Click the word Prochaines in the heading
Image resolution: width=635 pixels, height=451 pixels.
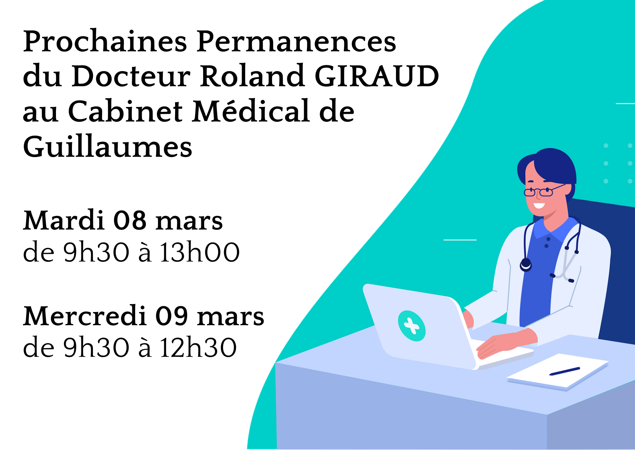[x=105, y=41]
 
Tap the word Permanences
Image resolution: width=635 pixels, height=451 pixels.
[x=296, y=41]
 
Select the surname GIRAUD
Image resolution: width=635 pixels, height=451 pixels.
[x=377, y=76]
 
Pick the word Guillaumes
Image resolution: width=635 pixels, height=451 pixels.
[x=108, y=146]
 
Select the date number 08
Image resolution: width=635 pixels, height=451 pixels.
[x=130, y=220]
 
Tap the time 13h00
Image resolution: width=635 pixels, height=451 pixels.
[x=200, y=252]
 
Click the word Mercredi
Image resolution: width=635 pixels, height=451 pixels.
[x=85, y=316]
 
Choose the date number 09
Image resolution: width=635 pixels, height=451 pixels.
[x=171, y=316]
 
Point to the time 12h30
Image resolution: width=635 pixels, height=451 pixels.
[x=198, y=347]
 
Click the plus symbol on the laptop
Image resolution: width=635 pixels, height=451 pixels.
[x=412, y=326]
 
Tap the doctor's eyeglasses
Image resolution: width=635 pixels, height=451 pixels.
[x=544, y=190]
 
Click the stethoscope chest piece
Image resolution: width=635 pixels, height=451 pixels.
[x=526, y=265]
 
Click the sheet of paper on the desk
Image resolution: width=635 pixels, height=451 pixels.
[x=558, y=371]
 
